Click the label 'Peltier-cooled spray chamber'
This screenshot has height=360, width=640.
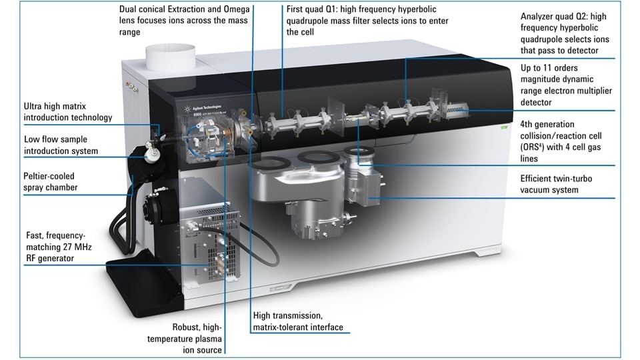51,182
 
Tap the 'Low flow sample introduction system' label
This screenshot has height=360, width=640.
61,145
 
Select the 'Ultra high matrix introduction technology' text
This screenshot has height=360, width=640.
67,111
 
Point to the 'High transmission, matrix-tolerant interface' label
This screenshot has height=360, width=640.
297,321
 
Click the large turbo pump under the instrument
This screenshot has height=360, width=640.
293,200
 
